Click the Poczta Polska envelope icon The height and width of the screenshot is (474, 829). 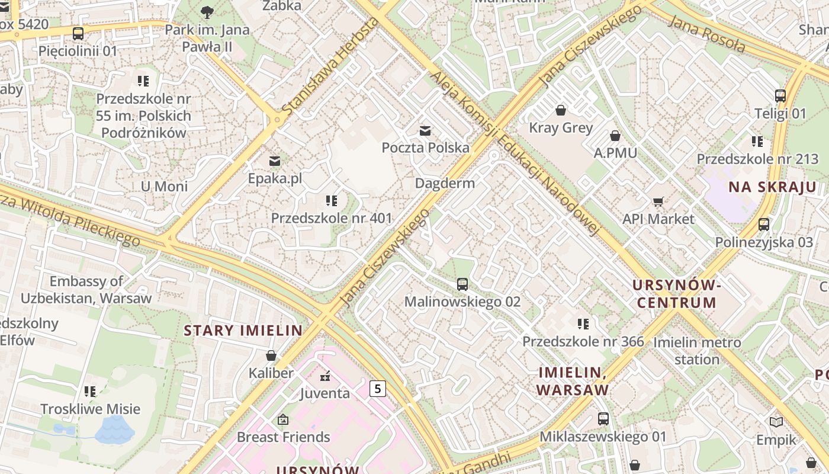[x=425, y=130]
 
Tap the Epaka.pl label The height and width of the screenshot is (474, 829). [x=275, y=178]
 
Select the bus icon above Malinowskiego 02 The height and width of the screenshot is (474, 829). [x=462, y=284]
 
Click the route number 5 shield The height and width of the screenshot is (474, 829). [x=377, y=389]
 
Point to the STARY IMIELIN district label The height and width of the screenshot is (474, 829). [x=243, y=331]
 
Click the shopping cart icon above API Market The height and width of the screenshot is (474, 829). [x=658, y=201]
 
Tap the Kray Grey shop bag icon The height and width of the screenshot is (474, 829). [x=560, y=110]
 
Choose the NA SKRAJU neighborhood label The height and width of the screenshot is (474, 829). [x=772, y=187]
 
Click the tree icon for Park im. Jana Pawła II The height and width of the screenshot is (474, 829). [x=207, y=12]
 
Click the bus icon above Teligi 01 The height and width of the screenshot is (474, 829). [x=780, y=96]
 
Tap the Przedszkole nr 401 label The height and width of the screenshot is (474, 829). [x=332, y=218]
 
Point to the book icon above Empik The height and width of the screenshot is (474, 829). [x=776, y=422]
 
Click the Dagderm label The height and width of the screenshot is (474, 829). [x=445, y=183]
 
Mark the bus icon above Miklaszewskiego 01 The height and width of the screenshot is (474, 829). [x=603, y=419]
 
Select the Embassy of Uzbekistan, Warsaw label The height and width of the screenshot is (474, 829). [x=86, y=290]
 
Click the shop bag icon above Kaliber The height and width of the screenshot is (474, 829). [x=271, y=355]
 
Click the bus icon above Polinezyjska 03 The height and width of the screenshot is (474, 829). [x=764, y=225]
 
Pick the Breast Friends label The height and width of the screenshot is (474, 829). [x=283, y=437]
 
